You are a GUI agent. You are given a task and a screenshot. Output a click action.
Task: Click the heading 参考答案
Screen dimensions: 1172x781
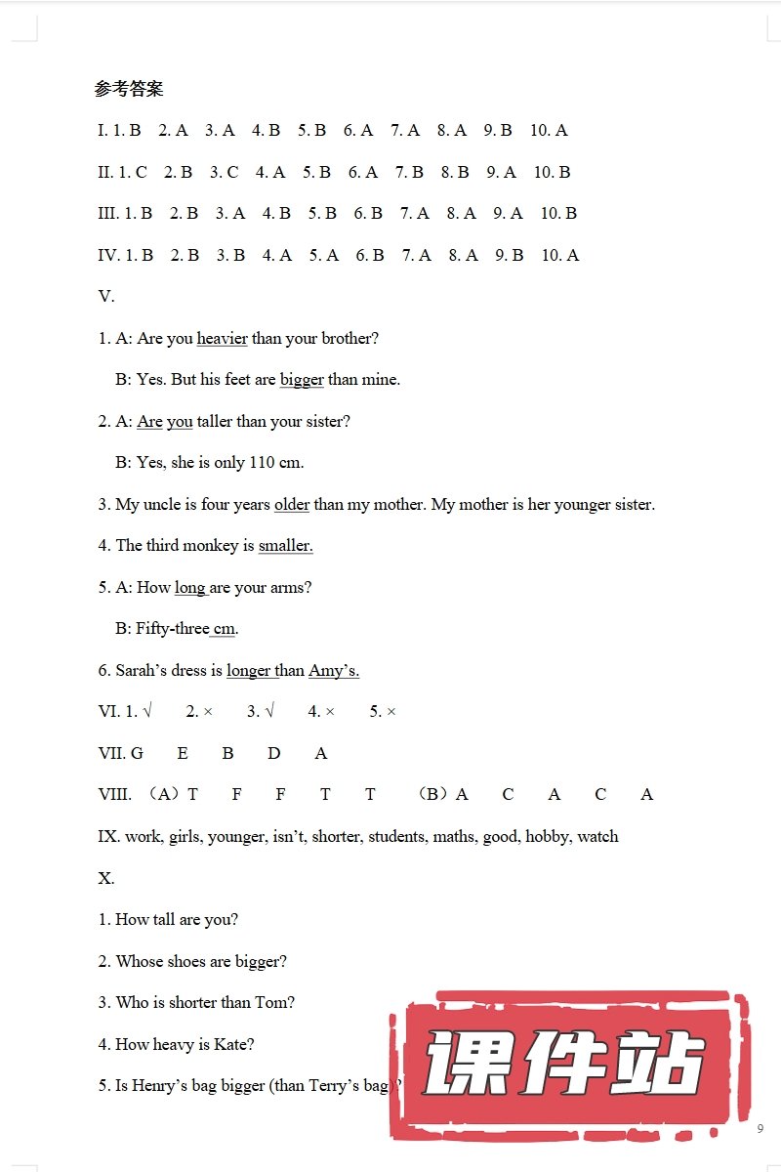[x=129, y=89]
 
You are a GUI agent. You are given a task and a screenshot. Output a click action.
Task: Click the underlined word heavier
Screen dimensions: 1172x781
[x=222, y=338]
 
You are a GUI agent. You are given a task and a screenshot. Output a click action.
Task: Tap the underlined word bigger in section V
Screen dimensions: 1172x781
[x=302, y=379]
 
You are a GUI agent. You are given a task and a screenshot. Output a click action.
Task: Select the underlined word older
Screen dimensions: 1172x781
[x=292, y=504]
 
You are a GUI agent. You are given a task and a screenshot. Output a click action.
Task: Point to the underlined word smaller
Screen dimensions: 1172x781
[x=285, y=545]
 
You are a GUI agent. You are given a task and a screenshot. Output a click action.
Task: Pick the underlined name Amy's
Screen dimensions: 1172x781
[x=334, y=670]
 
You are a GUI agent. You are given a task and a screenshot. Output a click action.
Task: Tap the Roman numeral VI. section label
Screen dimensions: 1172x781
[x=108, y=711]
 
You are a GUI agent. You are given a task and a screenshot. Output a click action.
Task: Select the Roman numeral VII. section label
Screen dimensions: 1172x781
[x=110, y=753]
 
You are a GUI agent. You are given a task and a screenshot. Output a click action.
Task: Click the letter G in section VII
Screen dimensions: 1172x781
[x=137, y=753]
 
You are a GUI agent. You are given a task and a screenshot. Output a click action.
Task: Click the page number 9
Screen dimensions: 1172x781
[x=760, y=1129]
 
